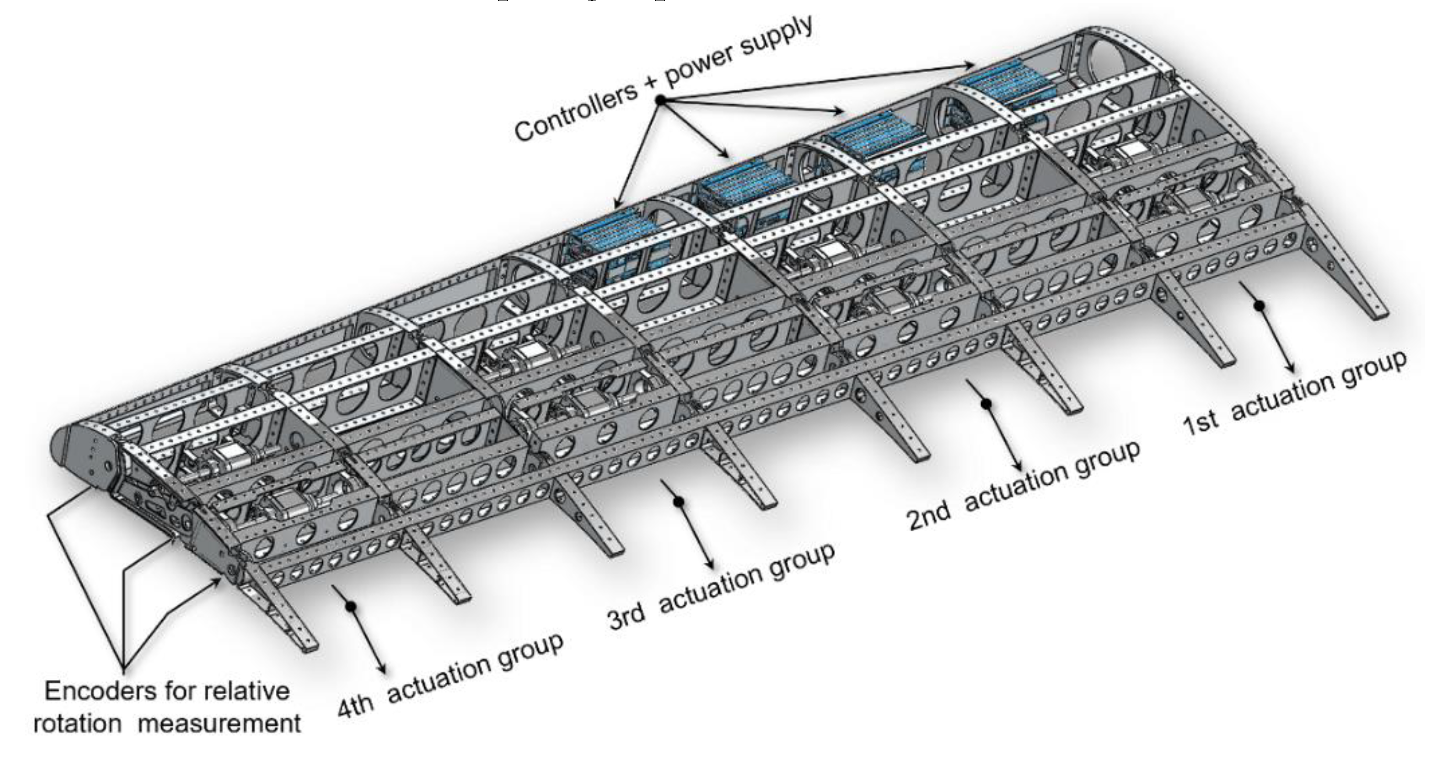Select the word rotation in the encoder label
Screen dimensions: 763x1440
tap(77, 724)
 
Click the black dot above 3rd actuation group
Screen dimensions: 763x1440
tap(679, 502)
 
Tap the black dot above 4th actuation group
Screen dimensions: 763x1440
tap(351, 606)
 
